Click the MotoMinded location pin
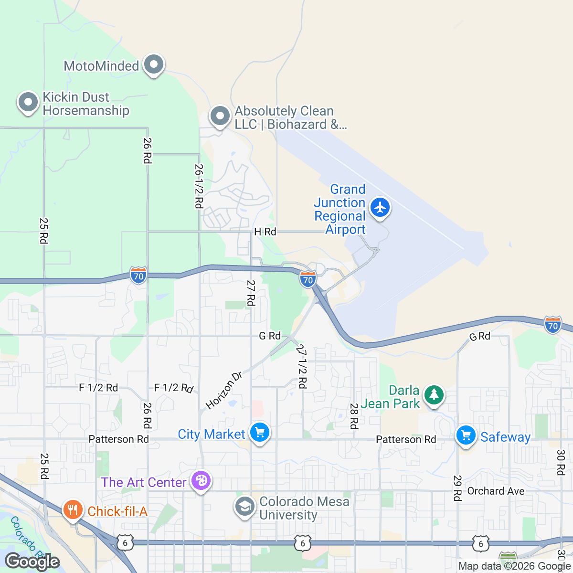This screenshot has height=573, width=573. [153, 64]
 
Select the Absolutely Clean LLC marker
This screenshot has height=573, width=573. [220, 116]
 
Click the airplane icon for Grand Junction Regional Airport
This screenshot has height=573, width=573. [380, 208]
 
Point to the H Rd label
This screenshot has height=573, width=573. [265, 232]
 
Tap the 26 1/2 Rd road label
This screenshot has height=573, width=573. [199, 186]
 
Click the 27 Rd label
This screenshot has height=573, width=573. [251, 293]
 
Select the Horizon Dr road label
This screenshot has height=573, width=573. [224, 390]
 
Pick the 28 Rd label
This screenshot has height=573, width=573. [354, 416]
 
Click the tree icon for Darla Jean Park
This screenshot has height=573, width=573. [434, 395]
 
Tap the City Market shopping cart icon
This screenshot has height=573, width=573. [260, 433]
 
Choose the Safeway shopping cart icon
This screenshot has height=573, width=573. [466, 435]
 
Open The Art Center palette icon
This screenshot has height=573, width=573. [201, 481]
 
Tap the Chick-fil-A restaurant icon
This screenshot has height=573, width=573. [73, 510]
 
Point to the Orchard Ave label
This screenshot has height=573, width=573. [496, 491]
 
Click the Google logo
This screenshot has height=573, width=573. [32, 562]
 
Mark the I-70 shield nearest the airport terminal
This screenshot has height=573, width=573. [308, 279]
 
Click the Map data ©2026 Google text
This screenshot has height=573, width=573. [515, 566]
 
